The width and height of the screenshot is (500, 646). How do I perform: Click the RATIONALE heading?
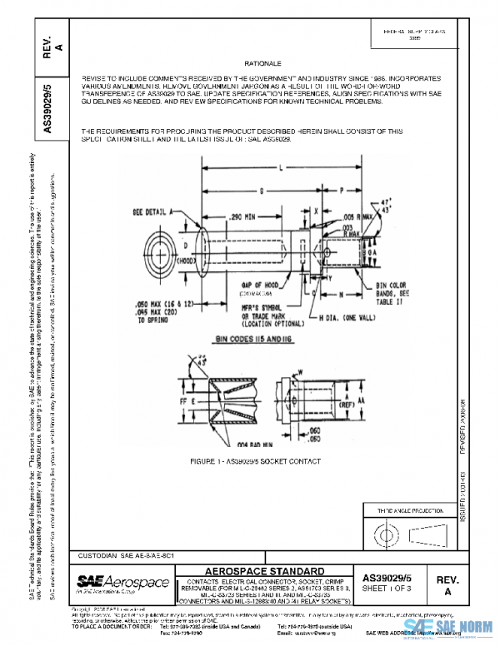pyautogui.click(x=264, y=63)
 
